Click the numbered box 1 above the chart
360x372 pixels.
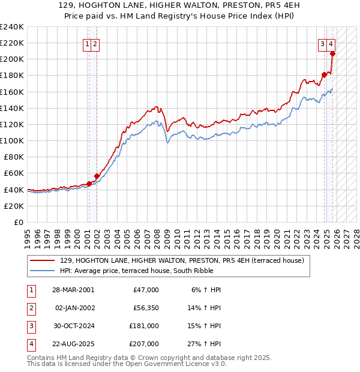pyautogui.click(x=88, y=43)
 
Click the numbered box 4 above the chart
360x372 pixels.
pyautogui.click(x=331, y=43)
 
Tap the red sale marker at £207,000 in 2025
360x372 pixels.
pyautogui.click(x=332, y=54)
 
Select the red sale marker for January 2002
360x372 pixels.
pyautogui.click(x=97, y=176)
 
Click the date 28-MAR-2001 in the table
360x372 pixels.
pyautogui.click(x=73, y=290)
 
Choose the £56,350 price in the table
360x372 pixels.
pyautogui.click(x=146, y=307)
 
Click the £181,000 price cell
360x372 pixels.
pyautogui.click(x=144, y=326)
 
